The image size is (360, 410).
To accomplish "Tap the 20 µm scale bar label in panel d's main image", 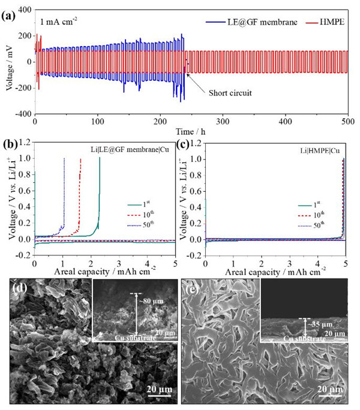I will coord(158,390).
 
